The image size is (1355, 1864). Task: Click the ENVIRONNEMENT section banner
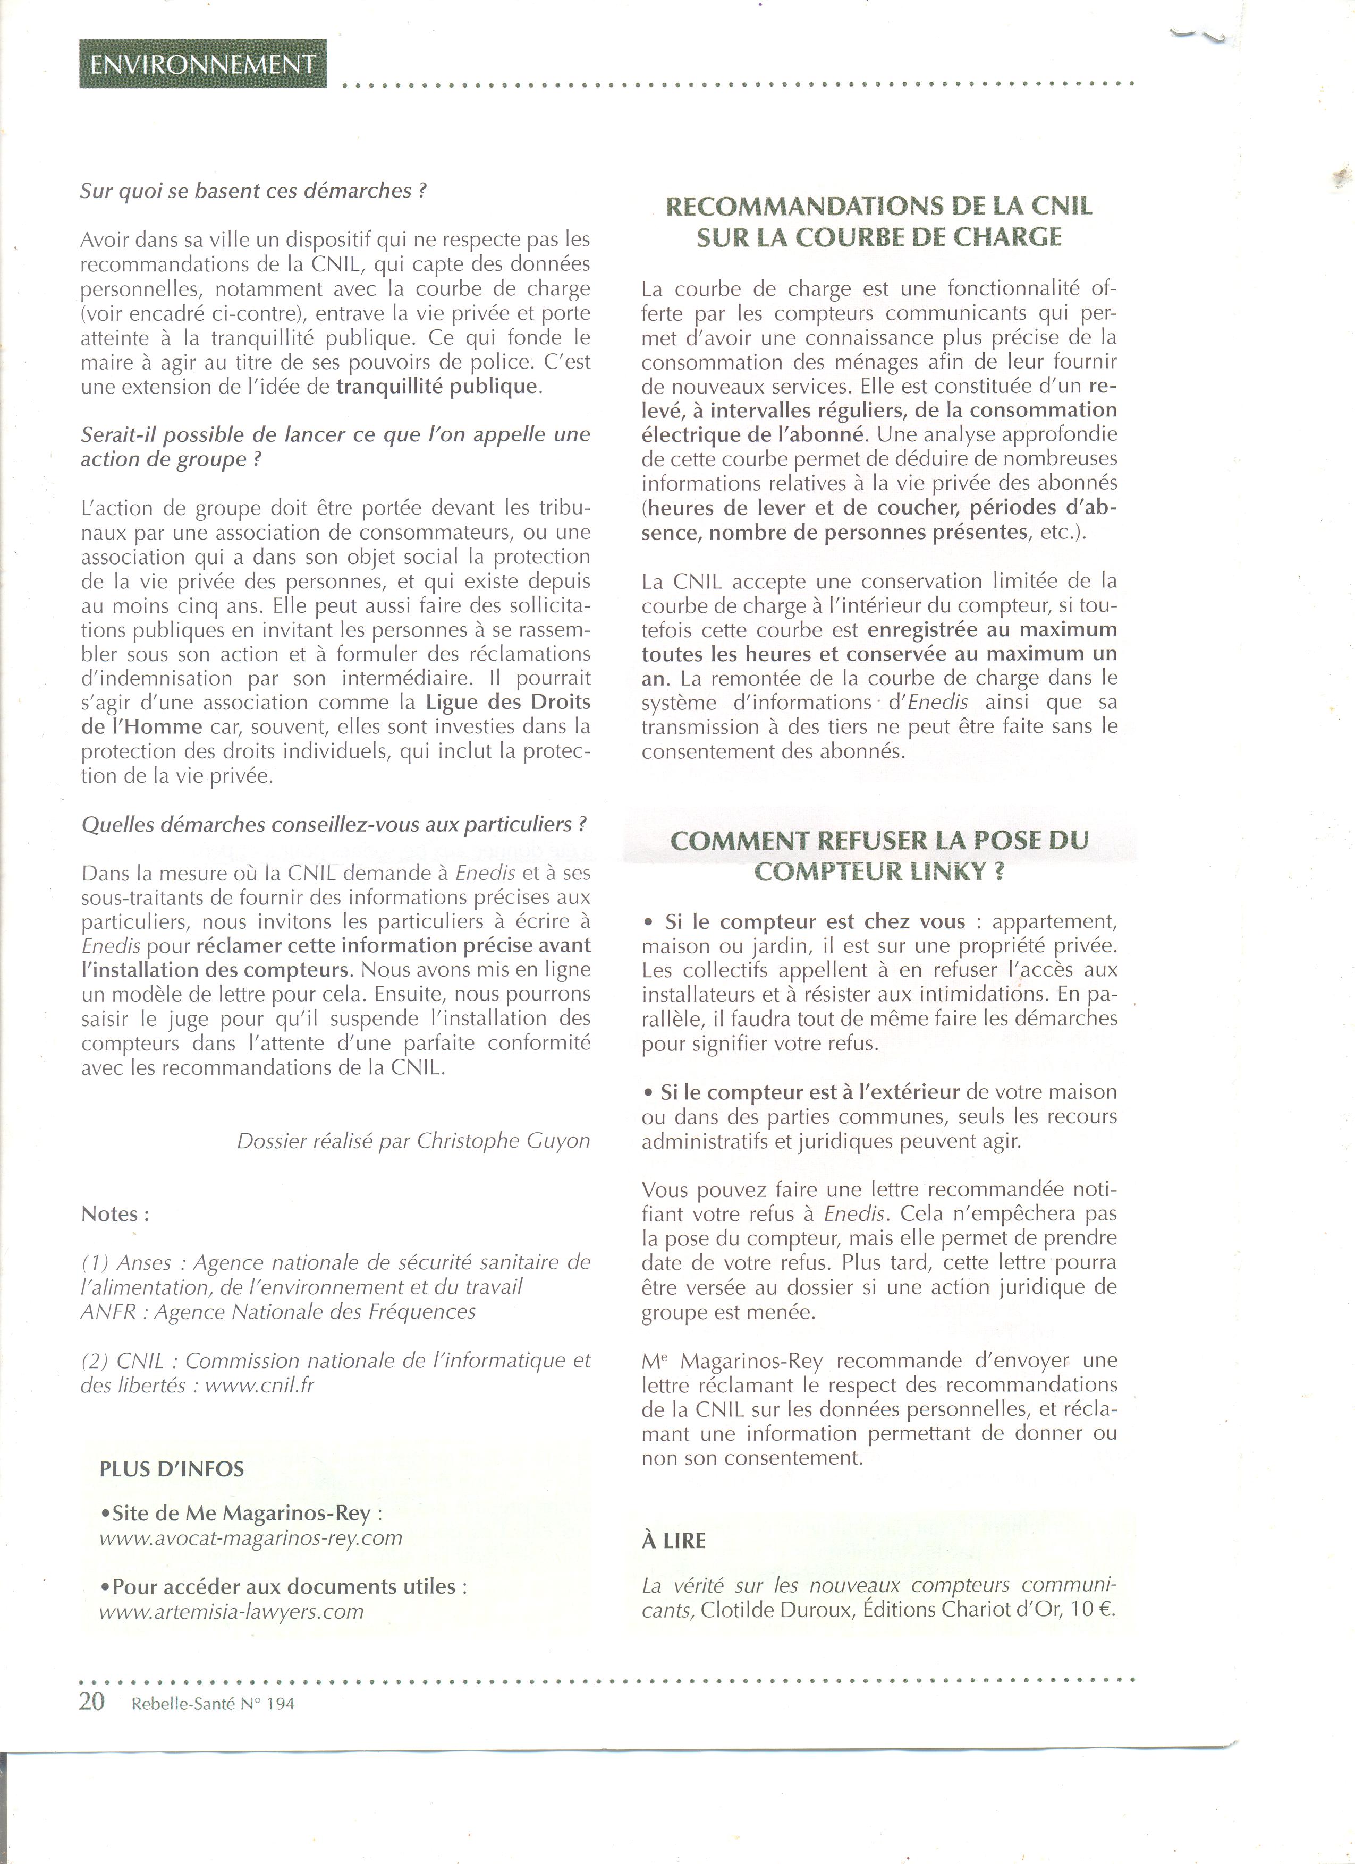click(x=202, y=65)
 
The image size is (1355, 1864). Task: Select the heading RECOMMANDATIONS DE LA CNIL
click(x=878, y=206)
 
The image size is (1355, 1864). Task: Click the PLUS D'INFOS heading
click(x=172, y=1469)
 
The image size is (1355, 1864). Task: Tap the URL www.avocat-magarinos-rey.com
click(x=251, y=1538)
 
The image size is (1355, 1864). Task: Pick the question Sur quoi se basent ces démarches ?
click(x=254, y=191)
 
